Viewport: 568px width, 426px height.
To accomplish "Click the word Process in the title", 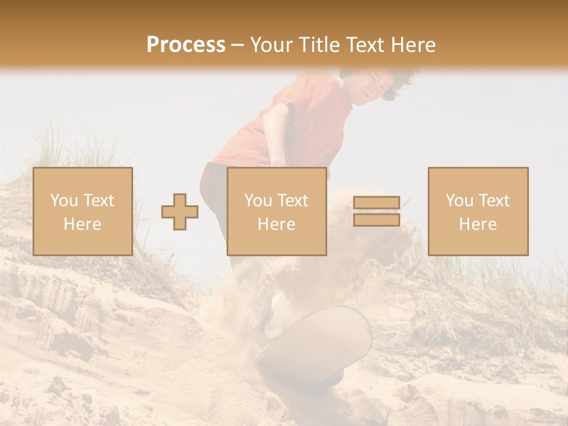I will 186,45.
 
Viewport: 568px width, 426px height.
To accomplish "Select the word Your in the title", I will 271,45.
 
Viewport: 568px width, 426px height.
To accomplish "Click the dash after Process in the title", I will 237,46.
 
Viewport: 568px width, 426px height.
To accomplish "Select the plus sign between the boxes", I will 180,212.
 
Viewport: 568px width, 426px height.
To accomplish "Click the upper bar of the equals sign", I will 376,202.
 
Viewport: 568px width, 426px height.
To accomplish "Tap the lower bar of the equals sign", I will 376,220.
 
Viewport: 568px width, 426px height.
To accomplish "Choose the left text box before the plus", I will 83,211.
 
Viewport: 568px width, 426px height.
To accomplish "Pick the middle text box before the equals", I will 277,211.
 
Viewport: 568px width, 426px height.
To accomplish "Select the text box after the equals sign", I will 478,211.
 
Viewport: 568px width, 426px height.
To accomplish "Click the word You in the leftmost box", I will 63,201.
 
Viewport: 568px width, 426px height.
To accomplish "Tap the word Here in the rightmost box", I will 478,224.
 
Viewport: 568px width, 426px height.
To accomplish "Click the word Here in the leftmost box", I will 83,224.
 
